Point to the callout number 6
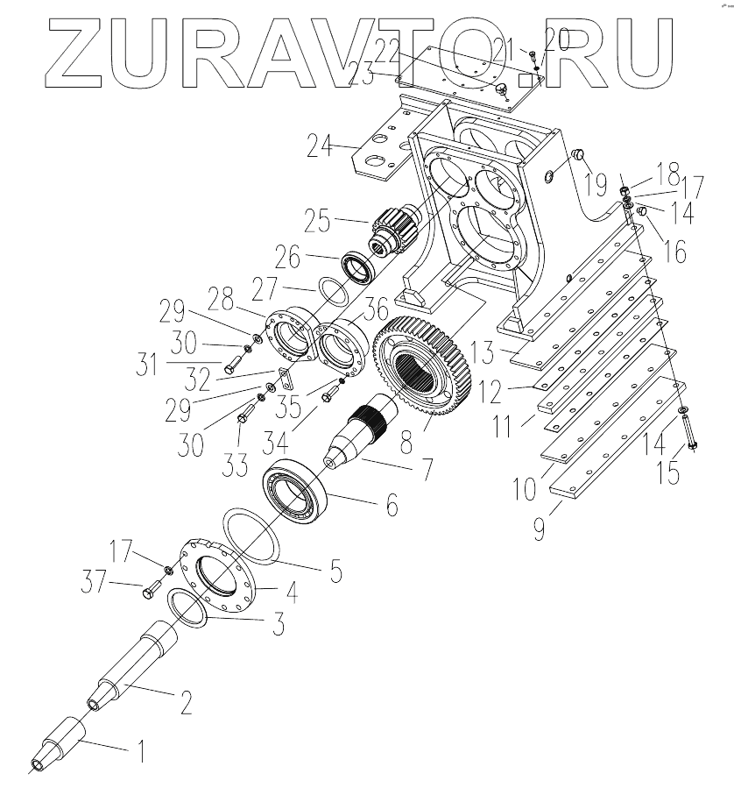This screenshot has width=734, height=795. [389, 505]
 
